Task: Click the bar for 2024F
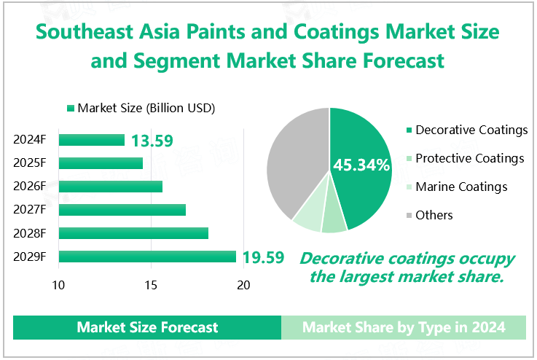click(92, 140)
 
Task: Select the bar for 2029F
click(147, 257)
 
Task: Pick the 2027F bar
click(122, 210)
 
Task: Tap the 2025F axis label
click(30, 163)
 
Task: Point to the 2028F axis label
click(30, 233)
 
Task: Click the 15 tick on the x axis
click(151, 285)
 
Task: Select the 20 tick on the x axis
click(243, 285)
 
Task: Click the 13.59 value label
click(152, 140)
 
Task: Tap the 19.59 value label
click(263, 257)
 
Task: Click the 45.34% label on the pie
click(361, 165)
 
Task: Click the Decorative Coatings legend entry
click(466, 130)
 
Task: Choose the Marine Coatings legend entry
click(456, 187)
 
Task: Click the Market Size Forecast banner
click(147, 327)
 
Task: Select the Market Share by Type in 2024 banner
click(404, 327)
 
